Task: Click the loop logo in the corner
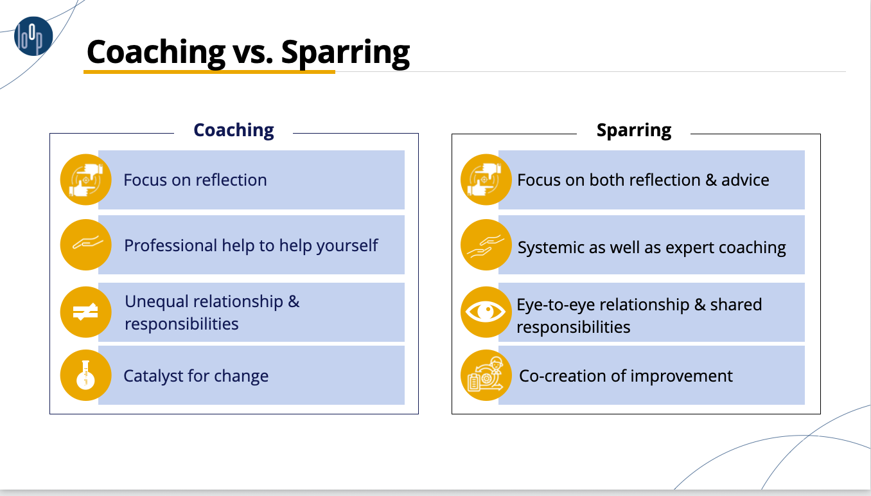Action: coord(33,36)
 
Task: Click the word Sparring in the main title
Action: coord(346,53)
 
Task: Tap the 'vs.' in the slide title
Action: coord(252,53)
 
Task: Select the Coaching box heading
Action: coord(234,130)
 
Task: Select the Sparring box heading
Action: coord(634,130)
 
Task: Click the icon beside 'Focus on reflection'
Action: coord(86,180)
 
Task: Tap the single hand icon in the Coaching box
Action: coord(86,245)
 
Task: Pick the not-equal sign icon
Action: coord(86,312)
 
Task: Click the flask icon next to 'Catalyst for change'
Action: coord(86,375)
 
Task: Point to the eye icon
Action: coord(486,312)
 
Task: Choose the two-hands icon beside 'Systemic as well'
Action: coord(486,245)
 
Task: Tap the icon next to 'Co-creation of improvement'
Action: coord(486,375)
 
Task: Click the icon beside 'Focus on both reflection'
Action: coord(486,180)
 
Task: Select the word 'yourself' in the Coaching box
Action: coord(348,246)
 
